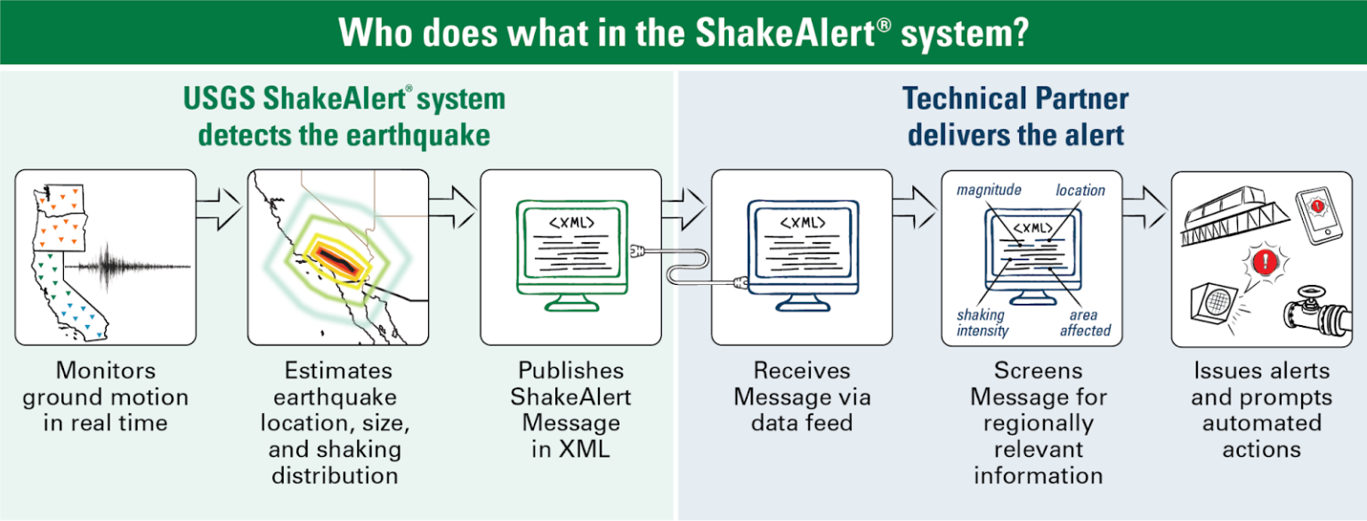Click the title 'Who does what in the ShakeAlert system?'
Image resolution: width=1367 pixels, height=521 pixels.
click(x=683, y=32)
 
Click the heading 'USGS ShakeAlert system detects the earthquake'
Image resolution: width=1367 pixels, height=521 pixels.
click(x=344, y=117)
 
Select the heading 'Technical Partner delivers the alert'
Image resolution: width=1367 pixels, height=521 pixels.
click(x=1015, y=117)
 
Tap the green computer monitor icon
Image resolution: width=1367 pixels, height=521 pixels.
click(x=570, y=250)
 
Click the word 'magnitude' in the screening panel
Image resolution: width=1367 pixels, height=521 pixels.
click(x=989, y=190)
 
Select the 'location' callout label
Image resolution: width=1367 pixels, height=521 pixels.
click(x=1080, y=190)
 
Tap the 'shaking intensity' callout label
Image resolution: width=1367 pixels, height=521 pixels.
click(x=982, y=322)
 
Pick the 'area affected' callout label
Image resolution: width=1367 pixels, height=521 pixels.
click(x=1084, y=322)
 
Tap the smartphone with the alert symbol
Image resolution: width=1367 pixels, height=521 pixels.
click(x=1318, y=213)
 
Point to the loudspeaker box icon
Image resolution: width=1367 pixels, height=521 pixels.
click(x=1211, y=308)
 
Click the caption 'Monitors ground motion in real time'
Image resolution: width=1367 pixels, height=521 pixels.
click(x=105, y=395)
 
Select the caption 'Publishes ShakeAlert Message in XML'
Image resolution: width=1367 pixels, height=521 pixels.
click(x=570, y=409)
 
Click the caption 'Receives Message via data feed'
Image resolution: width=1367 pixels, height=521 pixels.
click(x=802, y=395)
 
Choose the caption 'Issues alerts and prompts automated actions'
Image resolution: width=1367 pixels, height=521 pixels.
click(x=1261, y=409)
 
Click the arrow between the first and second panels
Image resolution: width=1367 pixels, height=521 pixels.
click(x=219, y=208)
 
